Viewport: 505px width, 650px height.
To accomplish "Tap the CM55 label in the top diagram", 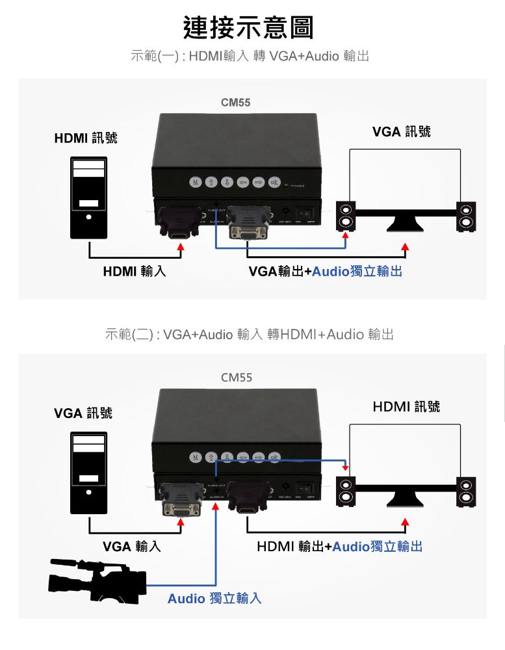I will [x=235, y=103].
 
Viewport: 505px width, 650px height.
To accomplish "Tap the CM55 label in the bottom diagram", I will [x=236, y=378].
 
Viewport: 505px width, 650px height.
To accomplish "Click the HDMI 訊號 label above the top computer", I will [x=86, y=138].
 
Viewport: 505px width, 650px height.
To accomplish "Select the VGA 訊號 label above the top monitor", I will [x=401, y=132].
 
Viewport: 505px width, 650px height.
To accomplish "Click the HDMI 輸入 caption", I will [x=135, y=271].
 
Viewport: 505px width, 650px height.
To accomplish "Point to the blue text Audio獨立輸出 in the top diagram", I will [x=357, y=271].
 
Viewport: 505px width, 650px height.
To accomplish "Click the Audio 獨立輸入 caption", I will [x=214, y=598].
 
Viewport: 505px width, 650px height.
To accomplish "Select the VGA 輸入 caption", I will [x=132, y=547].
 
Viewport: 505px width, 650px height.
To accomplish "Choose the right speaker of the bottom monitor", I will [x=466, y=491].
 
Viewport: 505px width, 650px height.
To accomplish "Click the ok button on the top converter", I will [x=274, y=181].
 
